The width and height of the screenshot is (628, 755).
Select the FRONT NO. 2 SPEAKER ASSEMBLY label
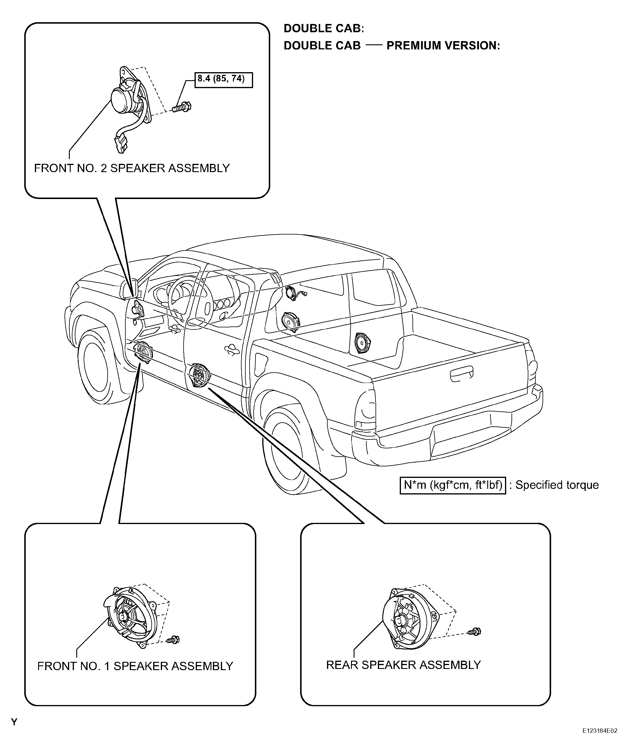tap(132, 168)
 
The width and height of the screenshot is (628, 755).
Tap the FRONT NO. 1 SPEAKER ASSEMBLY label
tap(135, 666)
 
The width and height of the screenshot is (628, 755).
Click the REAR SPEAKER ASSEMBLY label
tap(403, 665)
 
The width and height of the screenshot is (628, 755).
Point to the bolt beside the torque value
tap(182, 107)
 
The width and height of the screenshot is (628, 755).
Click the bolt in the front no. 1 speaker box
tap(174, 640)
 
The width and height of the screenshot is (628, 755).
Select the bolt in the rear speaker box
tap(475, 631)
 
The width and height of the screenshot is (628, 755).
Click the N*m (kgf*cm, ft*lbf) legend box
tap(453, 485)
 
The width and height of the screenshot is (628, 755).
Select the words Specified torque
tap(557, 485)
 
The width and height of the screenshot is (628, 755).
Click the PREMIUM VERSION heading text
tap(443, 46)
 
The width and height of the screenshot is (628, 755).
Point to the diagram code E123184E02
tap(600, 741)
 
